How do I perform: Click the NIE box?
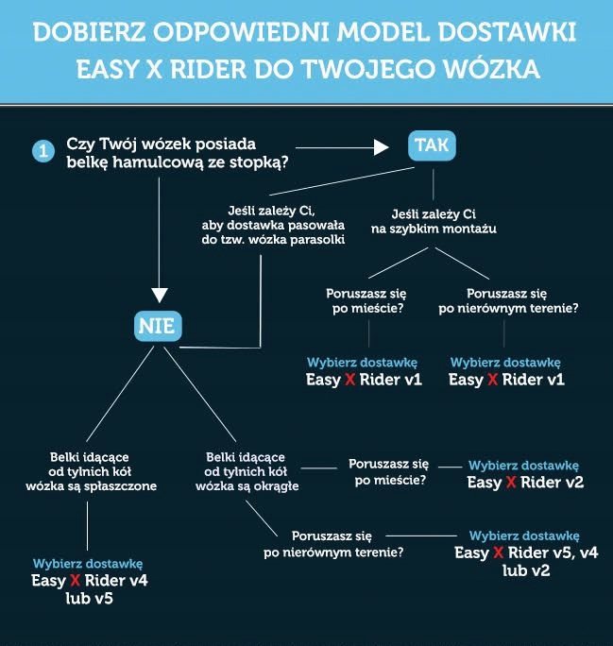click(x=158, y=328)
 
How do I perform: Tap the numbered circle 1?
click(x=43, y=151)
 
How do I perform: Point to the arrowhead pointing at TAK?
click(x=383, y=146)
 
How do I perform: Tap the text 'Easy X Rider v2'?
click(x=526, y=482)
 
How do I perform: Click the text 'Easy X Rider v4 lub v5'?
click(x=90, y=589)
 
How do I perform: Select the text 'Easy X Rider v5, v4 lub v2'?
click(x=526, y=561)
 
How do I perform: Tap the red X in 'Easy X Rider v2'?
click(x=511, y=483)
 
